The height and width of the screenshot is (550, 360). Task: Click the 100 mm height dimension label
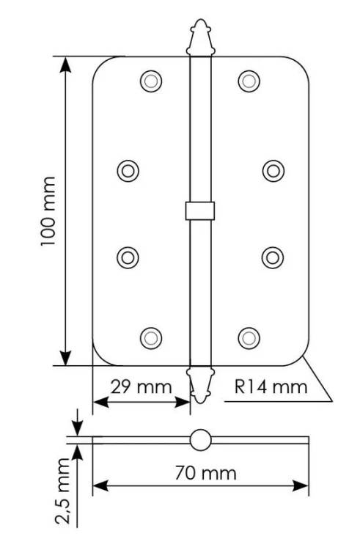coord(48,211)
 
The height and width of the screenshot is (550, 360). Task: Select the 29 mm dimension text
coord(142,387)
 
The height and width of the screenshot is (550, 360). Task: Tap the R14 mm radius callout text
coord(271,387)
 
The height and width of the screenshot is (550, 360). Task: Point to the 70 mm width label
coord(206,473)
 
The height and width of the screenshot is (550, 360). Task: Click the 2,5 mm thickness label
coord(63,491)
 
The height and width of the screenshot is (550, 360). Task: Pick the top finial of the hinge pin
coord(200,37)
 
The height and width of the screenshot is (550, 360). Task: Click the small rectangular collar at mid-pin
coord(200,210)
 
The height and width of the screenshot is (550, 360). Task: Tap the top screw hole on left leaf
coord(151,81)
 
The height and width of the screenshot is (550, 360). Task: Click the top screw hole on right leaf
coord(249,81)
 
